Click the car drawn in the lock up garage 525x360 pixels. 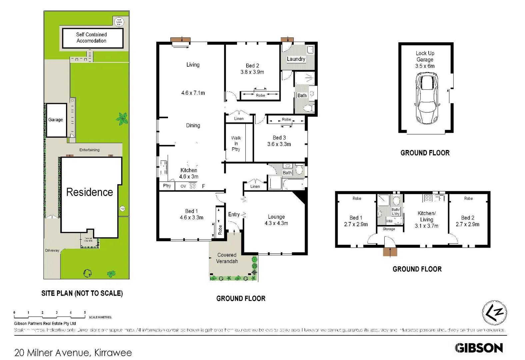(x=426, y=99)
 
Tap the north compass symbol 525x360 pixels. (x=494, y=313)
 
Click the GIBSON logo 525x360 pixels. (x=479, y=348)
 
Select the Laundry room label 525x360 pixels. (x=296, y=59)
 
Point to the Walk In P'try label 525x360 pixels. (x=236, y=143)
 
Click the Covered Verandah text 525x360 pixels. (x=227, y=258)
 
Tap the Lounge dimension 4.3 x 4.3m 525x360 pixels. (x=276, y=223)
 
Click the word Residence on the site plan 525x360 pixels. (x=90, y=192)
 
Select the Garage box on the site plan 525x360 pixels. (x=56, y=120)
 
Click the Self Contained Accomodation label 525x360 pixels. (x=92, y=38)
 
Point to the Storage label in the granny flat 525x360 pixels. (x=389, y=229)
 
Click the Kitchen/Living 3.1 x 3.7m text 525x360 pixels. (x=426, y=219)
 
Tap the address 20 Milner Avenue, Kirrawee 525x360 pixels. (x=73, y=352)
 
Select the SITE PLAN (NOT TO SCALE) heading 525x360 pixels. (x=82, y=293)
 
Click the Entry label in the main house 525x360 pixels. (x=234, y=214)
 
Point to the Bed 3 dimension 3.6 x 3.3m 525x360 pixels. (x=279, y=144)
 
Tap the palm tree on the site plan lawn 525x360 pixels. (x=122, y=118)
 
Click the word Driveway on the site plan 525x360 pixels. (x=52, y=250)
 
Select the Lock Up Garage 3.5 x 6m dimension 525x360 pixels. (x=425, y=66)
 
